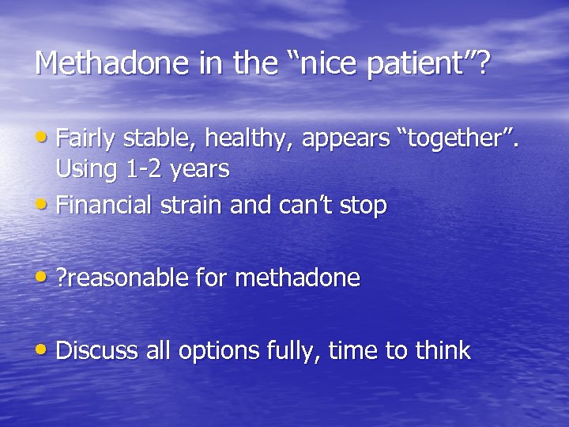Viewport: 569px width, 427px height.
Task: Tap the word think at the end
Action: [441, 350]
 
